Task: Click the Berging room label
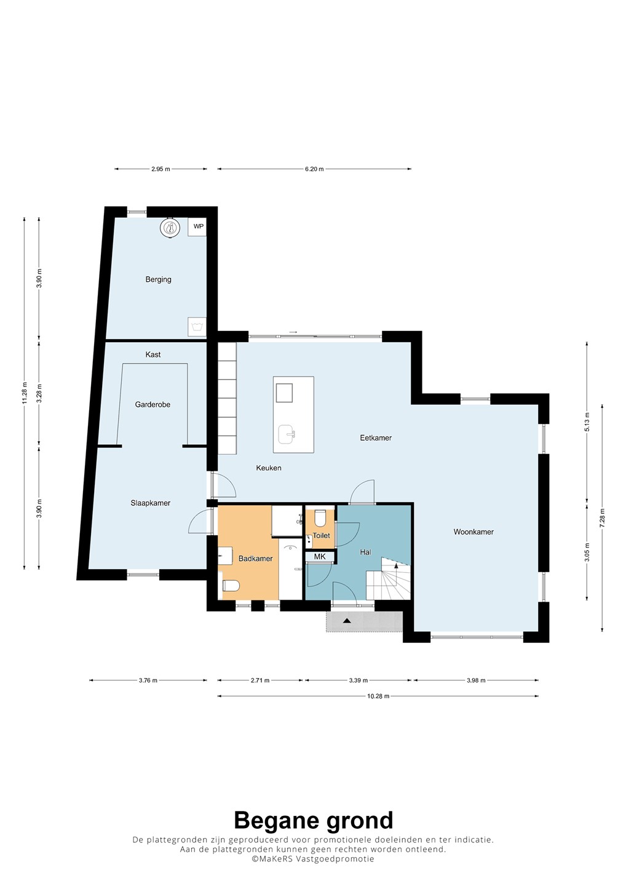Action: (158, 279)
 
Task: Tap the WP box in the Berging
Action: (197, 226)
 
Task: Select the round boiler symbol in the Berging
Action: (170, 228)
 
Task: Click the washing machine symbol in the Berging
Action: (197, 327)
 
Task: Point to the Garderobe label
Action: (153, 404)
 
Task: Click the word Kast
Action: (153, 354)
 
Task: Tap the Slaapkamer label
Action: (150, 503)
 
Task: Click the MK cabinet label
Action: (319, 556)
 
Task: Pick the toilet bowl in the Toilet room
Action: (320, 519)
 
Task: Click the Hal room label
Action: (365, 552)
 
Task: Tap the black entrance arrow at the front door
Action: (347, 621)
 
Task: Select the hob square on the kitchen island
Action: (284, 393)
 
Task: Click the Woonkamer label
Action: (473, 532)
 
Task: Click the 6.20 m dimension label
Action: (315, 169)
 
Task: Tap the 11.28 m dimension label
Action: (25, 393)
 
